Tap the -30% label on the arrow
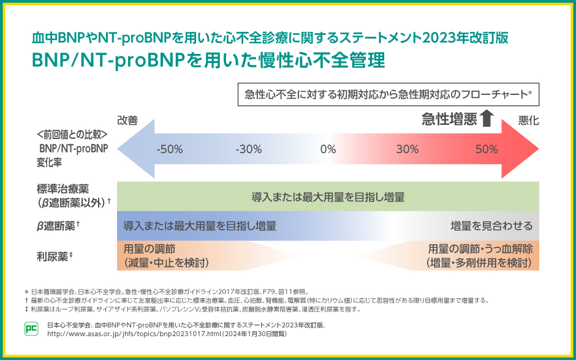click(x=248, y=149)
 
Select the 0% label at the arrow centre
click(x=328, y=149)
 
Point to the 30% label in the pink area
click(x=407, y=149)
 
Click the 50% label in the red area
click(x=486, y=149)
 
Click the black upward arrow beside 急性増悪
click(x=487, y=118)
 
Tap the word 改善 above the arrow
click(x=127, y=121)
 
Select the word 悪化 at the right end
click(x=528, y=121)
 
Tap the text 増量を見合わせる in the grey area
click(x=491, y=226)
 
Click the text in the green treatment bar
click(x=328, y=197)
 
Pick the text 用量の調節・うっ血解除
click(x=480, y=249)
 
